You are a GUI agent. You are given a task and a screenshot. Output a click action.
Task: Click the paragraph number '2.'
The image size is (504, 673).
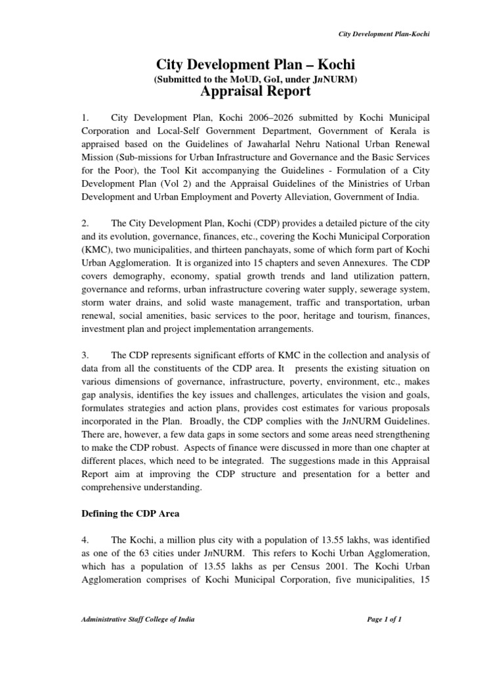(x=86, y=224)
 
